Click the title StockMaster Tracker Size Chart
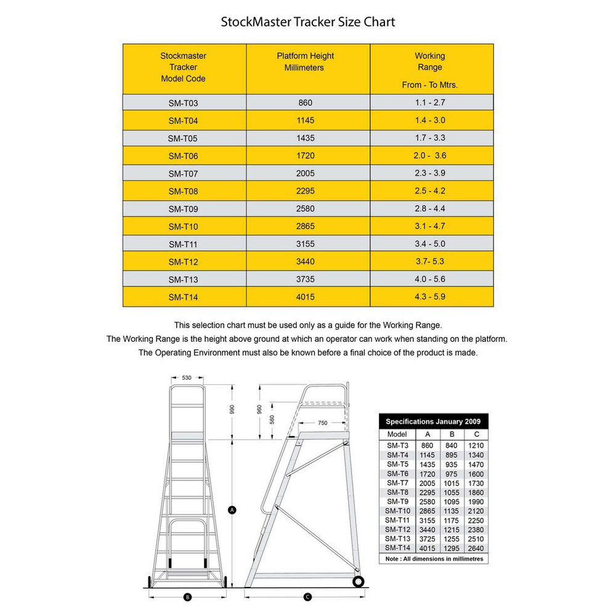tap(308, 22)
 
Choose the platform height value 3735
tap(305, 279)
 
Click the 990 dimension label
tap(232, 411)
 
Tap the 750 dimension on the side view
tap(323, 423)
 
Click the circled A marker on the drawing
tap(232, 509)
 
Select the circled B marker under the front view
tap(187, 596)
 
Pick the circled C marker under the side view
tap(307, 596)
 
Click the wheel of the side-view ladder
tap(358, 581)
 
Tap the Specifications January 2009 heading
tap(432, 422)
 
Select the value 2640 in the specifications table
tap(476, 548)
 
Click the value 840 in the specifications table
tap(452, 445)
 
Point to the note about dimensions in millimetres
tap(432, 559)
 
